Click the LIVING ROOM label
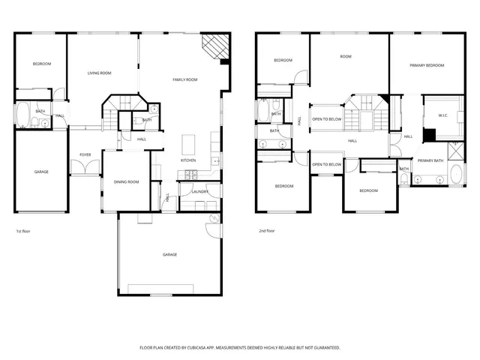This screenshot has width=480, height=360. point(99,73)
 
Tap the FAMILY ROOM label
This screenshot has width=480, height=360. point(184,79)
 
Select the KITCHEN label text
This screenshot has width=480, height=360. point(188,160)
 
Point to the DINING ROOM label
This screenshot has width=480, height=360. point(126,181)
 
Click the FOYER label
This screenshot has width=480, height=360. point(85,155)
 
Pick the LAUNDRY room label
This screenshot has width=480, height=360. point(199,192)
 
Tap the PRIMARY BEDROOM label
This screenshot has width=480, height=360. point(427,66)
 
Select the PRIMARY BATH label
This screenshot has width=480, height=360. point(430,160)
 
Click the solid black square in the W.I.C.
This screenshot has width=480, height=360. point(429,135)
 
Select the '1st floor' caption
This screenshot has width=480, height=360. point(23,231)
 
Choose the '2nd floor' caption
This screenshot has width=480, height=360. point(266,231)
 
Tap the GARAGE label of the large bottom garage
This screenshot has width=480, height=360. point(170,255)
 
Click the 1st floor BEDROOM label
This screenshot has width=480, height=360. point(41,64)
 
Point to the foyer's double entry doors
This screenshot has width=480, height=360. point(85,169)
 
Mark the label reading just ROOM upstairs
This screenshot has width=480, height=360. point(345,56)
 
